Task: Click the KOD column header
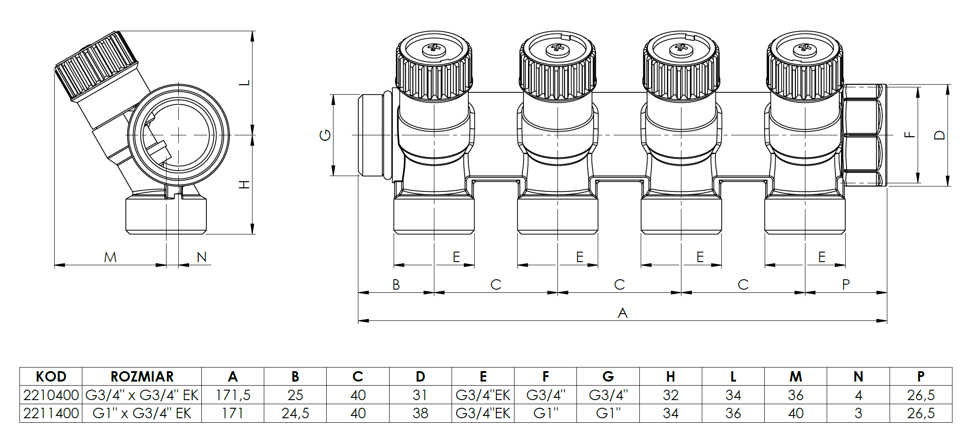pos(51,377)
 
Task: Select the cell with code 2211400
pos(51,413)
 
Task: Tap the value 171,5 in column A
pos(233,395)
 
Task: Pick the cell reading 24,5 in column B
pos(295,413)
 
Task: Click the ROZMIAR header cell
pos(142,377)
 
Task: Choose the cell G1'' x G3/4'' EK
pos(142,413)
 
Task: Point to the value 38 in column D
pos(420,413)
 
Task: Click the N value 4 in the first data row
pos(858,395)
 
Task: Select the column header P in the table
pos(920,377)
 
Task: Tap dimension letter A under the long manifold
pos(623,313)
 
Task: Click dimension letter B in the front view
pos(396,285)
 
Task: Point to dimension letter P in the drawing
pos(846,285)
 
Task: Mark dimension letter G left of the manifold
pos(325,135)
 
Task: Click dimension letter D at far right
pos(940,135)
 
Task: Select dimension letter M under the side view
pos(110,257)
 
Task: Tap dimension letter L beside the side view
pos(245,83)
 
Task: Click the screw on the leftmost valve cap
pos(434,48)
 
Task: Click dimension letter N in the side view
pos(201,257)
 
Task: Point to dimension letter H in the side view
pos(245,185)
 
